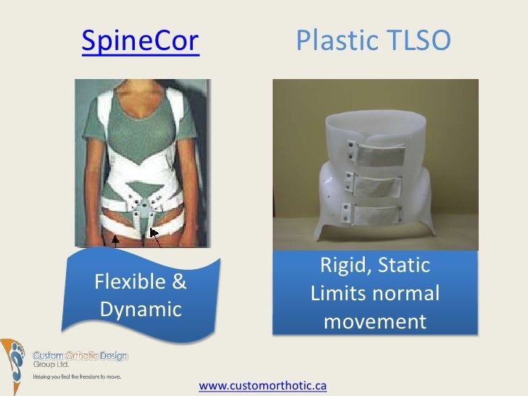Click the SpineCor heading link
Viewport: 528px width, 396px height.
[x=141, y=43]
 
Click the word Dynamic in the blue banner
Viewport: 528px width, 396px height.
[x=140, y=310]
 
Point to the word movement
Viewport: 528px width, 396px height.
[x=375, y=321]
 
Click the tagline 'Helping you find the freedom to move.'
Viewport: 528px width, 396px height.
[x=76, y=377]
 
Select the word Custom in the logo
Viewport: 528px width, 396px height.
[x=49, y=356]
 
